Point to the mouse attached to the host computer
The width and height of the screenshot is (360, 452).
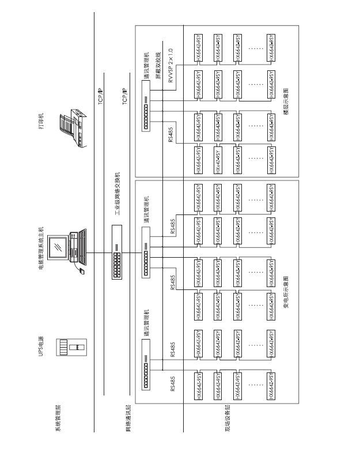82,270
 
